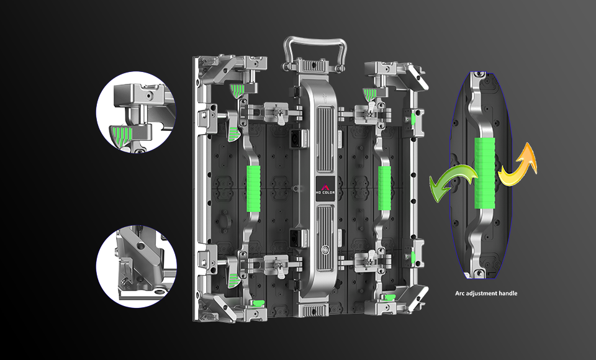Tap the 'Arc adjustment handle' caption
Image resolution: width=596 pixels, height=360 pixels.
click(x=486, y=293)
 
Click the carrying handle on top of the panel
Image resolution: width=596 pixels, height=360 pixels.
click(x=315, y=42)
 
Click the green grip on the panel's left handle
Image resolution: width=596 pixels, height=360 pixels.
click(x=253, y=189)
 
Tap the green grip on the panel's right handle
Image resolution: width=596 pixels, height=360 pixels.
click(x=385, y=188)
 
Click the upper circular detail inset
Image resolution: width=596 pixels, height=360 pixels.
click(x=136, y=112)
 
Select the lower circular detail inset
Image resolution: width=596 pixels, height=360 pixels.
click(x=136, y=266)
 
